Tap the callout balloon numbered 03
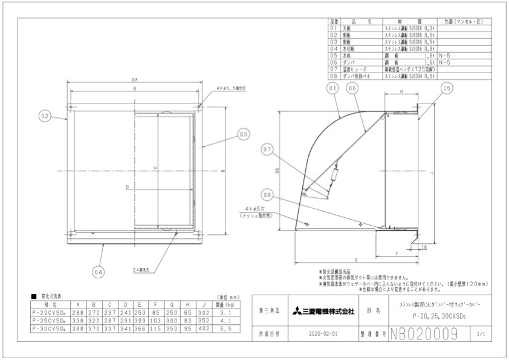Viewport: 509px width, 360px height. [243, 134]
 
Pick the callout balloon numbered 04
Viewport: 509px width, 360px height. [99, 272]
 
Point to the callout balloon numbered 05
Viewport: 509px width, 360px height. [446, 89]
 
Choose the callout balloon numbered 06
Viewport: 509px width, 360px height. [352, 89]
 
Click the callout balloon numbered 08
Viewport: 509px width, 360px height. [268, 194]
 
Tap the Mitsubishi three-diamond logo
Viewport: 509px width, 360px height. [297, 312]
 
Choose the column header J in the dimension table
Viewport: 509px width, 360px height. [204, 305]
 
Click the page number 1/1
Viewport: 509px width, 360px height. [481, 334]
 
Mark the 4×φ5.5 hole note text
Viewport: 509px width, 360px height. [230, 88]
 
